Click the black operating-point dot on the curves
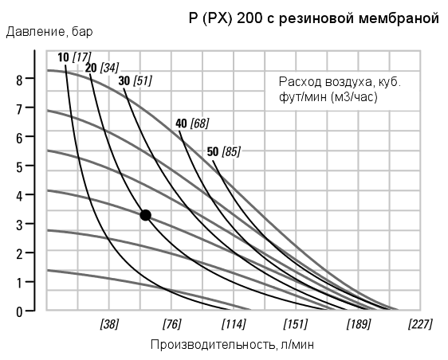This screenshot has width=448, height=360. click(x=145, y=215)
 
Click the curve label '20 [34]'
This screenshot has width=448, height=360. click(x=101, y=68)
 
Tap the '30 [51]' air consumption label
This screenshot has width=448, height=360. click(x=134, y=80)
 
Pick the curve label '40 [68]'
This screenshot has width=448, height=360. click(x=191, y=123)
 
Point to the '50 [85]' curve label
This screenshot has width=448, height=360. click(x=222, y=151)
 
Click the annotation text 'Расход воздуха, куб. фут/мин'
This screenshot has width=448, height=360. click(x=339, y=89)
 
